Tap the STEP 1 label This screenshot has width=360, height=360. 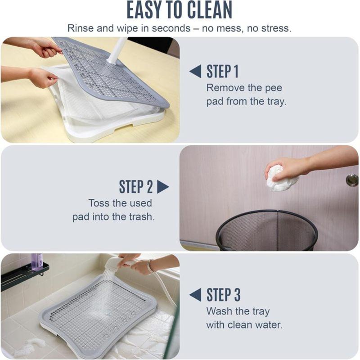[x=222, y=72]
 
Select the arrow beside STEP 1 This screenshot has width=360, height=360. [x=195, y=71]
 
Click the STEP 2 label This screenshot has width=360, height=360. [x=136, y=186]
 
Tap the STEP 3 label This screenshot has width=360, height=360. [x=223, y=295]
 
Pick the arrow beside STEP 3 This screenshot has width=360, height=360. [x=195, y=295]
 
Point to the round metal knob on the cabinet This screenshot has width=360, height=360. [x=352, y=180]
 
